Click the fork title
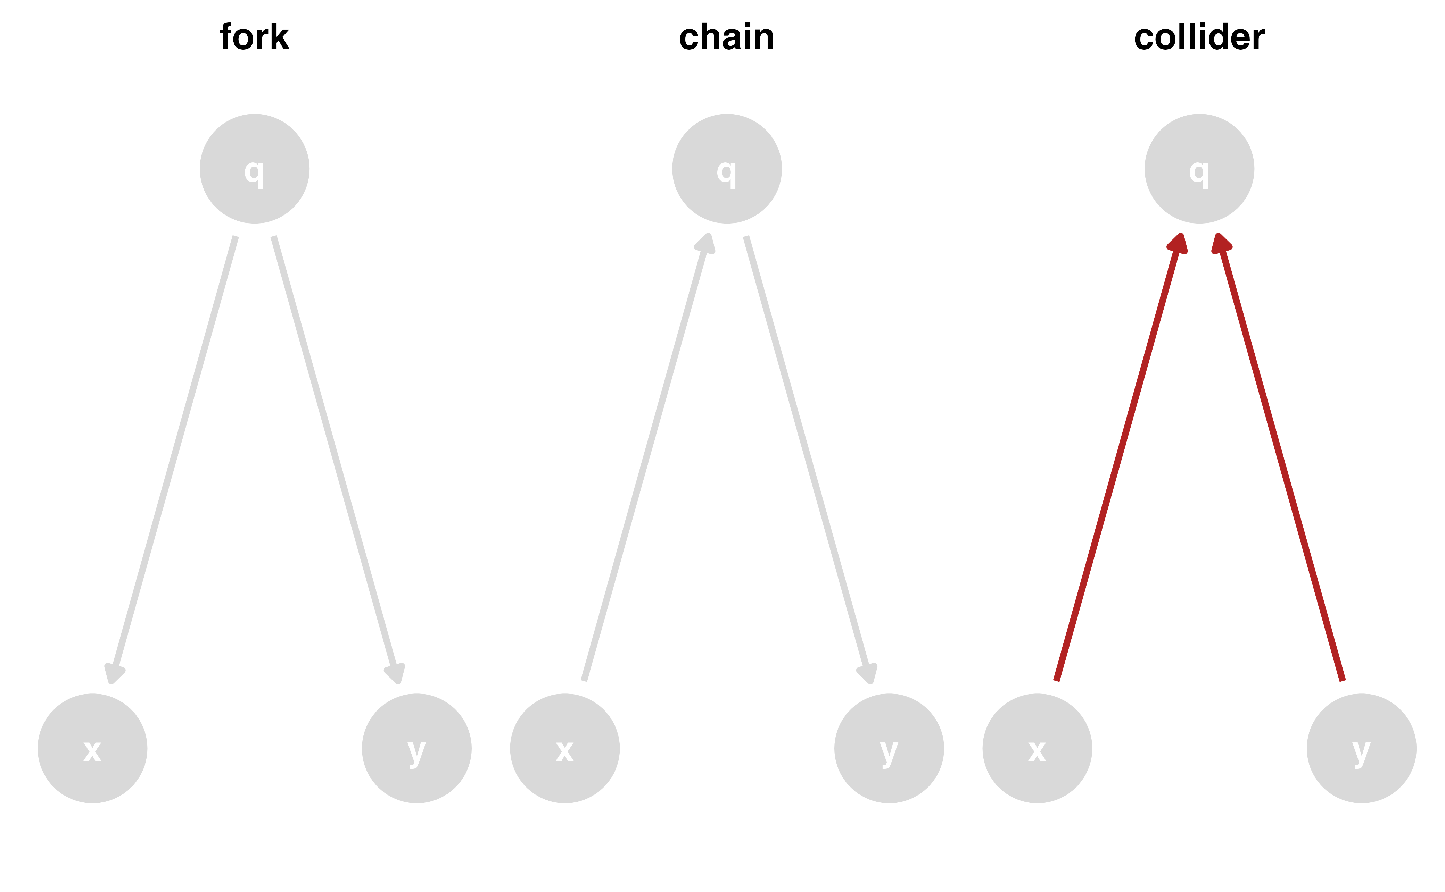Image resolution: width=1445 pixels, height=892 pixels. (254, 37)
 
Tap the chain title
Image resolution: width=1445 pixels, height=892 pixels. (727, 37)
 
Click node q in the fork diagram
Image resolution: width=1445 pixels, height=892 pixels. (254, 169)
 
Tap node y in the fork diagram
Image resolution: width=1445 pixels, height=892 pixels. (417, 749)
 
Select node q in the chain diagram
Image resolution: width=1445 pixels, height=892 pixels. (727, 169)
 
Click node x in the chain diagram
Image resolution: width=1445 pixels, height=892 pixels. (565, 749)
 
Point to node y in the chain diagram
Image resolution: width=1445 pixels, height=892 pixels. (889, 749)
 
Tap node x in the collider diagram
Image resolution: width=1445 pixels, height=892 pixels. (1037, 749)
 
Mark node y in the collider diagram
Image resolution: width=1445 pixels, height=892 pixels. (1361, 749)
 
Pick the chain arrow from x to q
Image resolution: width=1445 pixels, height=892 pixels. (645, 460)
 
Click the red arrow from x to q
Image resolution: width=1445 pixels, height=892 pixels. (1117, 460)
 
